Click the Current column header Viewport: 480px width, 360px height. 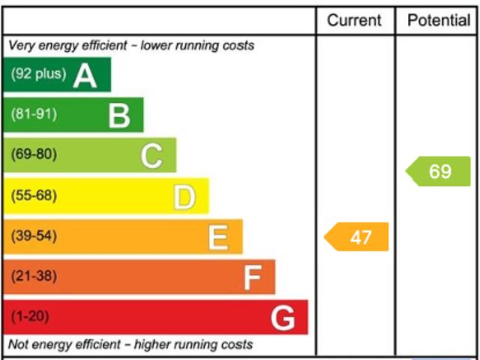354,20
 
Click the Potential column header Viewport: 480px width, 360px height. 439,20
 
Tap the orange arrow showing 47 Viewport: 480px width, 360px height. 358,237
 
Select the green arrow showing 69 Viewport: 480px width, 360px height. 439,171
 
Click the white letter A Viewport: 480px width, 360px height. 85,75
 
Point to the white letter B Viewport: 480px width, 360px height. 118,115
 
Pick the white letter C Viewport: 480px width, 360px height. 151,156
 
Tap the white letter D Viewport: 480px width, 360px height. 184,196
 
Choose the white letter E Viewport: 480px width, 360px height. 217,237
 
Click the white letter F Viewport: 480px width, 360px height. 252,277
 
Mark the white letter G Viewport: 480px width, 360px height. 283,318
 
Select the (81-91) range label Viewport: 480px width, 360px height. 34,115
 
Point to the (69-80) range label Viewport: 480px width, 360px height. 34,155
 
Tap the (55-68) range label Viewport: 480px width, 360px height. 34,196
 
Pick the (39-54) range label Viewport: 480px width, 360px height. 34,236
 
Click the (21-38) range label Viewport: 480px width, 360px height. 34,277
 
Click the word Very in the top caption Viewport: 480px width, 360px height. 21,46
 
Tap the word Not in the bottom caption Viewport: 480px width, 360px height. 19,345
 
